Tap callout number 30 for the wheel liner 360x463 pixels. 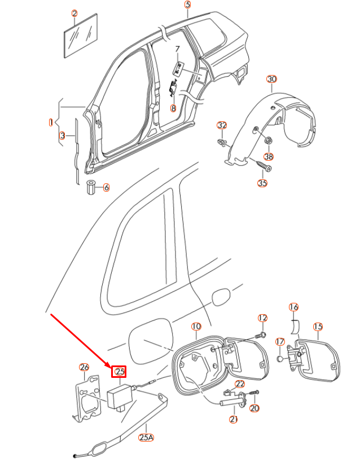(x=271, y=79)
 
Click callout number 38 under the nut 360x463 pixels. (x=269, y=156)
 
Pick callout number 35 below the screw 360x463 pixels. (x=262, y=183)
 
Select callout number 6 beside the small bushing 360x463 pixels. (x=106, y=187)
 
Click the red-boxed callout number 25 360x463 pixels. (x=120, y=371)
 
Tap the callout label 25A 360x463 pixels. (x=146, y=437)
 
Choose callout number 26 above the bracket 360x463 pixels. (x=84, y=368)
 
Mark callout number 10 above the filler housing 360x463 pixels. (x=196, y=327)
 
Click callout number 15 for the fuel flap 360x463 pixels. (x=318, y=327)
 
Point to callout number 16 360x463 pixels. (x=293, y=307)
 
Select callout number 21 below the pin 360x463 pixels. (x=233, y=419)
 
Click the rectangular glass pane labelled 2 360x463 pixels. (x=79, y=37)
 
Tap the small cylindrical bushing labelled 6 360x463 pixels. (x=90, y=187)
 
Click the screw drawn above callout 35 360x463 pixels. (x=264, y=166)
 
